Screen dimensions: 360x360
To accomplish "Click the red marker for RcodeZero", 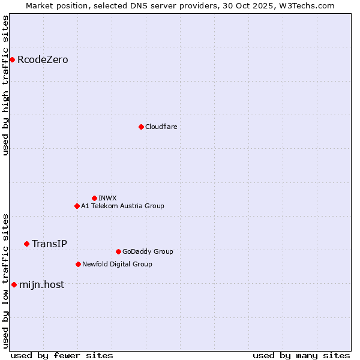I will pyautogui.click(x=12, y=59).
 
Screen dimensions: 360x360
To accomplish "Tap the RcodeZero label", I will pyautogui.click(x=43, y=60).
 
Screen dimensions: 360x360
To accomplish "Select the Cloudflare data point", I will pyautogui.click(x=141, y=127).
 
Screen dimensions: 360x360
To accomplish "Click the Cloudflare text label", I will pyautogui.click(x=161, y=127).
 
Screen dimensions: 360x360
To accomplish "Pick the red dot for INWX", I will pyautogui.click(x=94, y=198).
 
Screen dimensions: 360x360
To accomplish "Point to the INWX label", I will pyautogui.click(x=107, y=199).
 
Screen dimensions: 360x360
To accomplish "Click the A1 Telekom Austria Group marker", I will pyautogui.click(x=77, y=206).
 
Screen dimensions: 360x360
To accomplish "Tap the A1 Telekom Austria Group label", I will pyautogui.click(x=122, y=206).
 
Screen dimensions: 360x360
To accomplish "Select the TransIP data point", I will pyautogui.click(x=26, y=244).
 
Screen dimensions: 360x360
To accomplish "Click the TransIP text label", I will pyautogui.click(x=49, y=244).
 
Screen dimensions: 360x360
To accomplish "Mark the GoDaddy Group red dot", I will pyautogui.click(x=118, y=251).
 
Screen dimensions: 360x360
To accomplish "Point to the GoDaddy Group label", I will pyautogui.click(x=148, y=252).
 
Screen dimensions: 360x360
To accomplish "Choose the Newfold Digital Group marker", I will pyautogui.click(x=78, y=264).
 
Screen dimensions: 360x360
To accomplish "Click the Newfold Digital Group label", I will pyautogui.click(x=117, y=265).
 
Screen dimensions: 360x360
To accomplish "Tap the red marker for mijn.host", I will pyautogui.click(x=14, y=284).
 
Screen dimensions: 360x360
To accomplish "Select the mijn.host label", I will pyautogui.click(x=41, y=285).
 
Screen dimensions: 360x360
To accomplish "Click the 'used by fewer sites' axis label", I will pyautogui.click(x=62, y=355).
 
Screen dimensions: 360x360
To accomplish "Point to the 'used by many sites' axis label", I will pyautogui.click(x=301, y=355).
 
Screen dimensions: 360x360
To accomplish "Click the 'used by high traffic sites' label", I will pyautogui.click(x=6, y=85).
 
